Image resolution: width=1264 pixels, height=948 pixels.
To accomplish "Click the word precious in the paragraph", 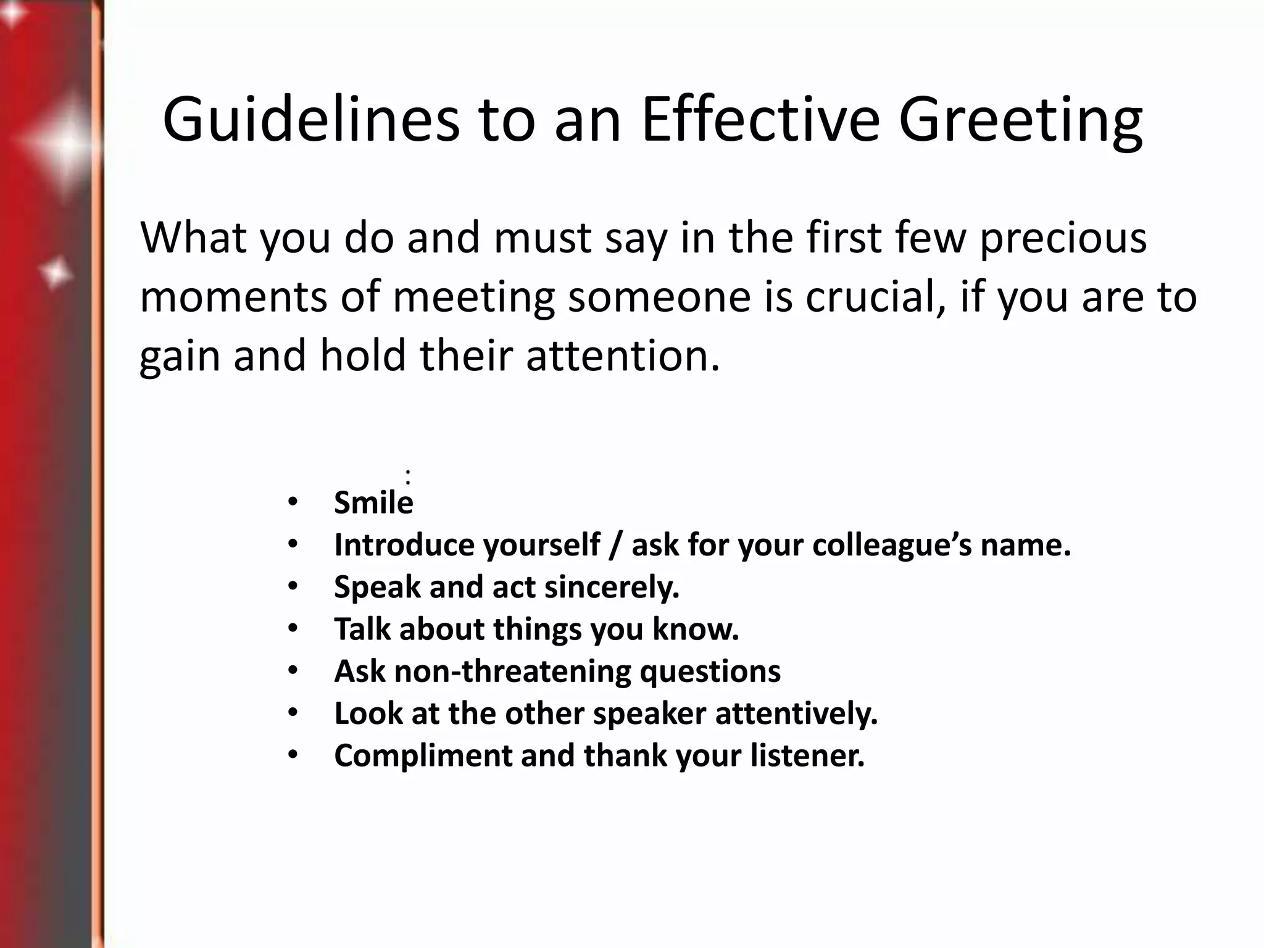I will [1063, 238].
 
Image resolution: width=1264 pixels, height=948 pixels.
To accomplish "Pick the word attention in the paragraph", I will [622, 356].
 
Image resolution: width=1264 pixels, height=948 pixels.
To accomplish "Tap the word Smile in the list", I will [373, 502].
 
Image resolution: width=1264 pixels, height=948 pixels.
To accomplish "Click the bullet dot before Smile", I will [293, 502].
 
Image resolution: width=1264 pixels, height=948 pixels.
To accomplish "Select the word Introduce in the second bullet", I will [404, 544].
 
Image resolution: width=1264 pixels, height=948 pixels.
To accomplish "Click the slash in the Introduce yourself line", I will [615, 546].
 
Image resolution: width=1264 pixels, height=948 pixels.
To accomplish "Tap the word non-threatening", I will [512, 671].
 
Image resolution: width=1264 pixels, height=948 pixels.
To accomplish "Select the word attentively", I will [796, 713].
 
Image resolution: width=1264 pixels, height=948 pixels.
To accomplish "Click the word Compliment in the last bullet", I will [423, 755].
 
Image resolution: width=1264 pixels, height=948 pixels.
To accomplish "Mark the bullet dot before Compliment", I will [293, 755].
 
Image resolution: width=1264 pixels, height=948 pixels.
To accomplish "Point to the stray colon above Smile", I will [408, 476].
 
